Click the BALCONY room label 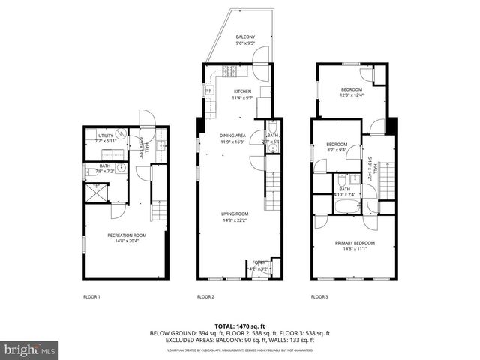pyautogui.click(x=245, y=37)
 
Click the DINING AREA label pyautogui.click(x=232, y=136)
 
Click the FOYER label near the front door pyautogui.click(x=258, y=262)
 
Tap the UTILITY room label pyautogui.click(x=105, y=136)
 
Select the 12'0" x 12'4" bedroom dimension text pyautogui.click(x=352, y=95)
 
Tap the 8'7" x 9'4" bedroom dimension pyautogui.click(x=336, y=149)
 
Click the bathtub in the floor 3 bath pyautogui.click(x=347, y=205)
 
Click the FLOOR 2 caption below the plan pyautogui.click(x=205, y=297)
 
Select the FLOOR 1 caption pyautogui.click(x=91, y=297)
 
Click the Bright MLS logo pyautogui.click(x=30, y=349)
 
